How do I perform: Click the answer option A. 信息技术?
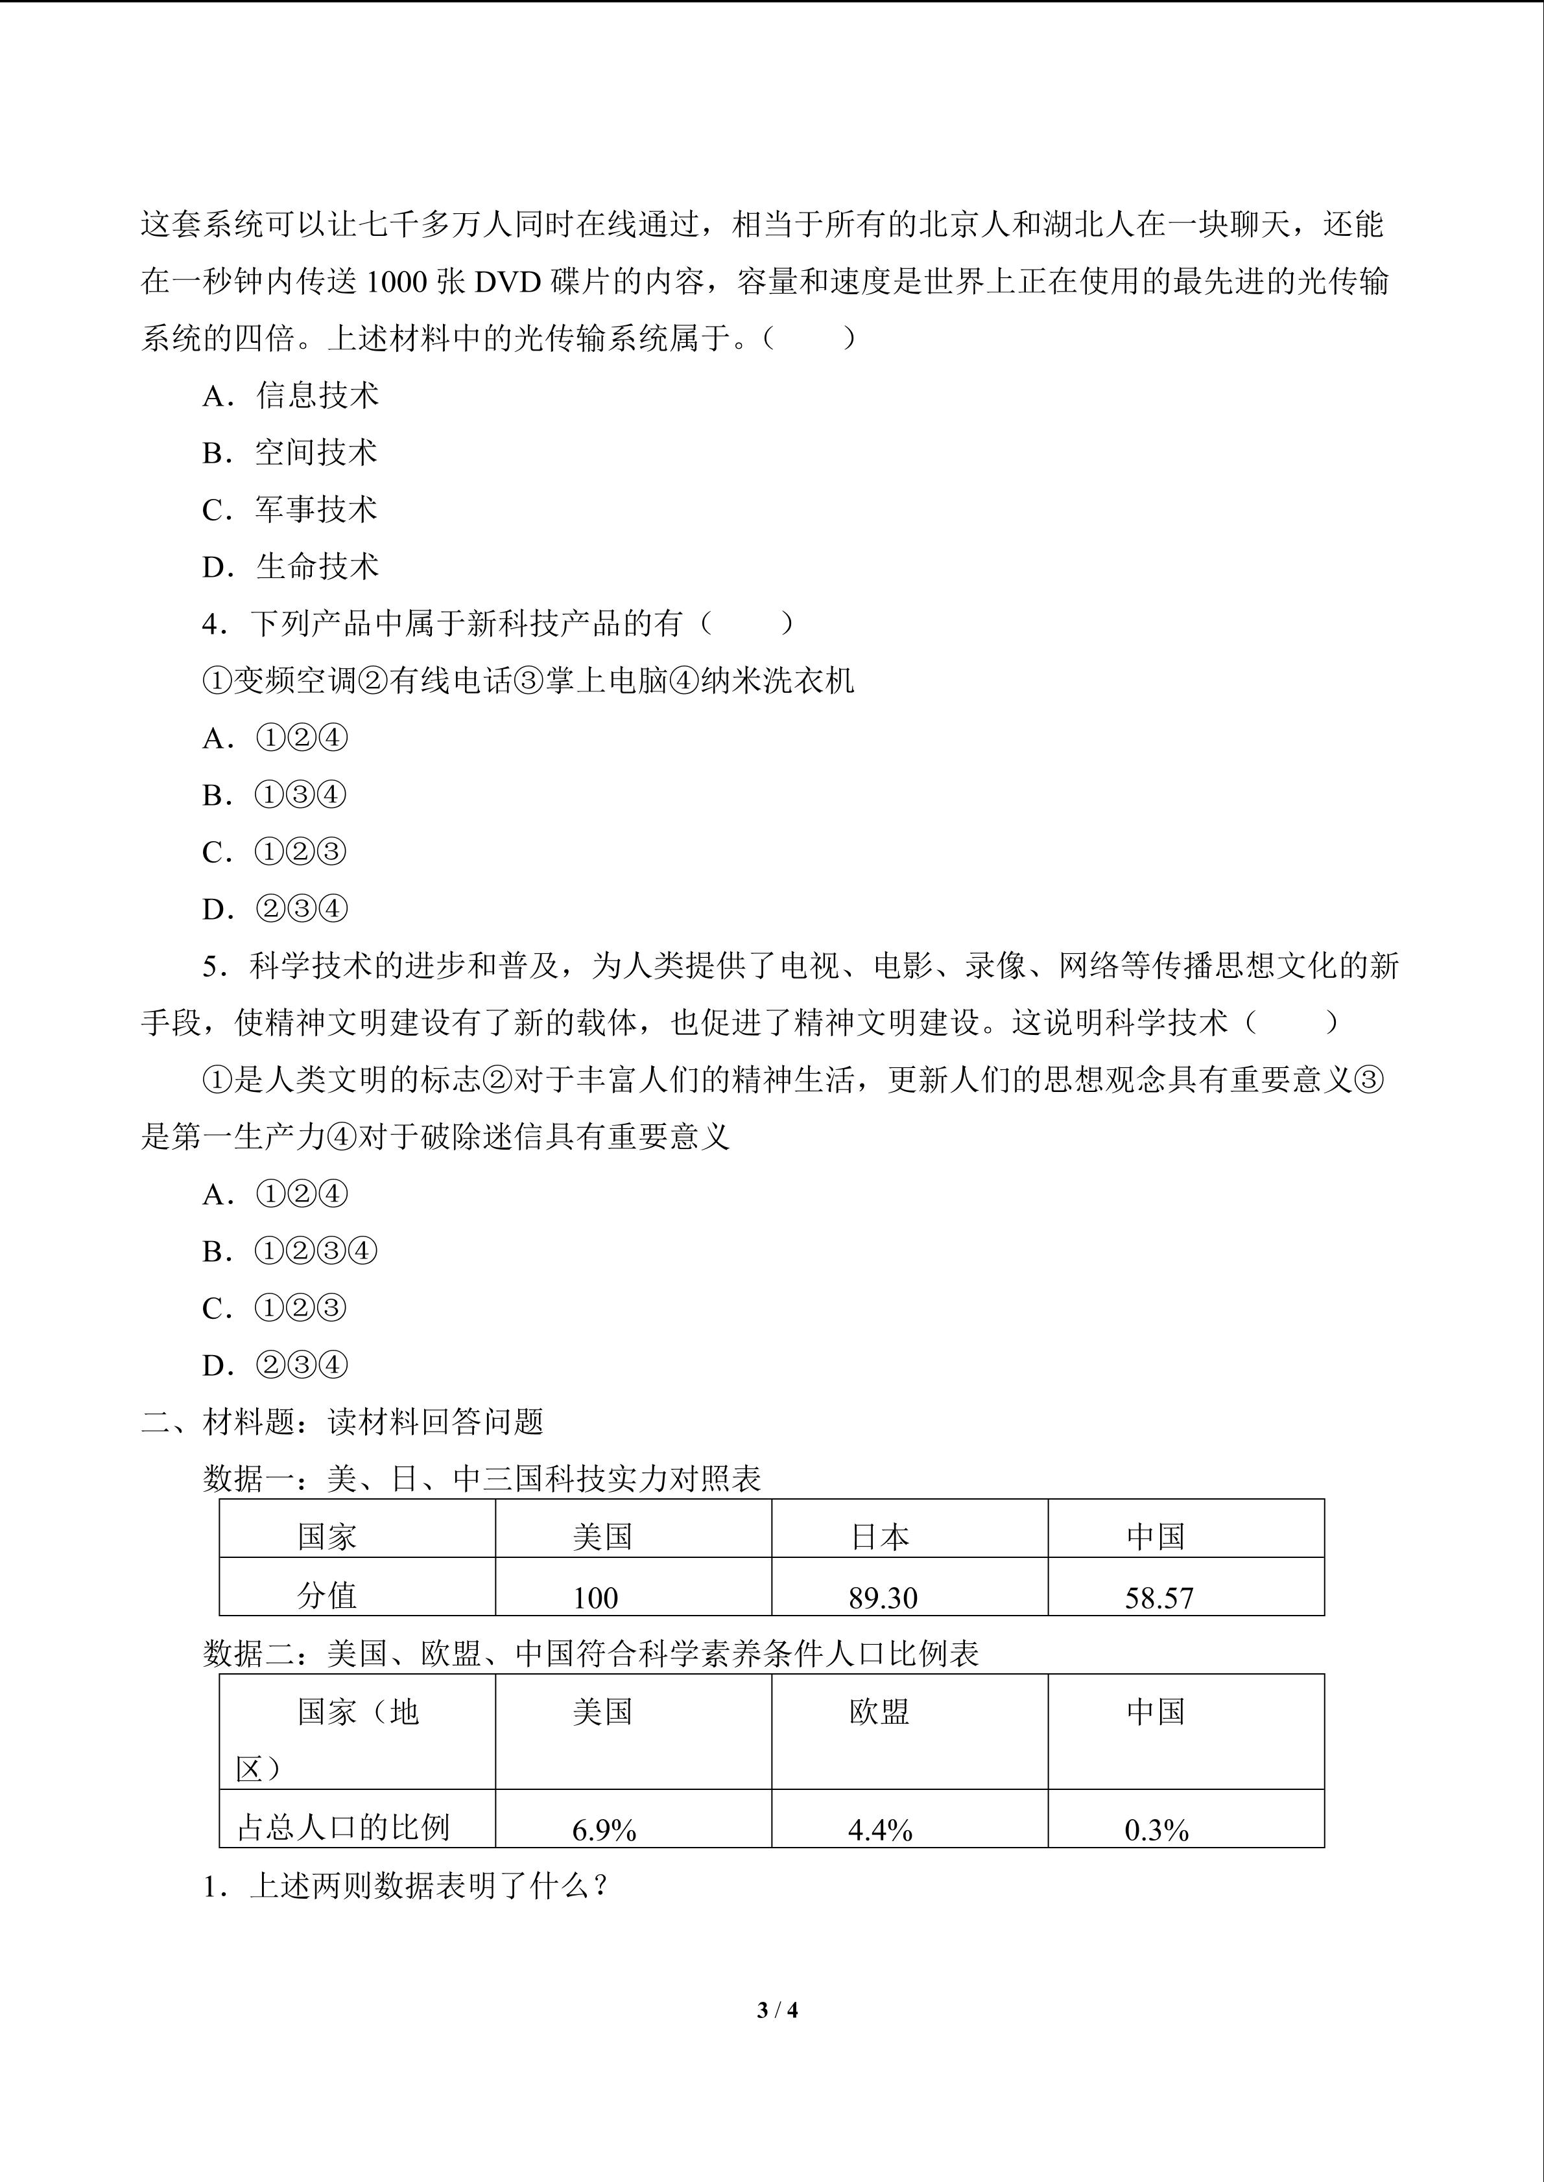(290, 395)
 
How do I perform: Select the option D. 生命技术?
(290, 566)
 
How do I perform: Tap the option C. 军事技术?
(290, 509)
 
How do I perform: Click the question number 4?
(213, 624)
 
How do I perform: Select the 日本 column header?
(879, 1537)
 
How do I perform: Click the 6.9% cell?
(604, 1829)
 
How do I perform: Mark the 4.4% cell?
(879, 1829)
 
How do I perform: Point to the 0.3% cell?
(1156, 1829)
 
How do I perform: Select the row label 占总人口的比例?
(342, 1827)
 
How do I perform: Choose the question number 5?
(213, 966)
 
